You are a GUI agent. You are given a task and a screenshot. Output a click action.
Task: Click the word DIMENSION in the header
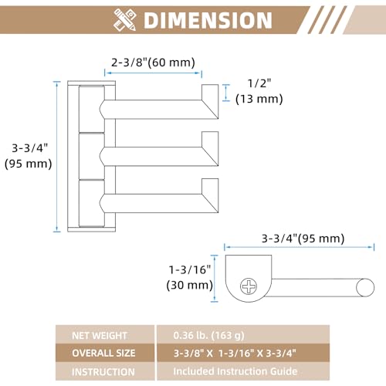click(x=208, y=20)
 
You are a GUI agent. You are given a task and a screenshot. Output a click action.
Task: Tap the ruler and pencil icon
click(x=125, y=20)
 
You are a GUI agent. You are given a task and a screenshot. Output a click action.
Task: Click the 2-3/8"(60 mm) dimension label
click(x=153, y=63)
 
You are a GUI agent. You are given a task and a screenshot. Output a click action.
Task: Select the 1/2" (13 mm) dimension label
click(x=259, y=91)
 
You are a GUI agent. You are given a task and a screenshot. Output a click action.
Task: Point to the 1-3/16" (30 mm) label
click(x=190, y=277)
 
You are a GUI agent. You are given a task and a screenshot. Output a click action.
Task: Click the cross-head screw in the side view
click(x=249, y=286)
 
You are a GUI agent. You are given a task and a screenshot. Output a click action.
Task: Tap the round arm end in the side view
click(x=365, y=287)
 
